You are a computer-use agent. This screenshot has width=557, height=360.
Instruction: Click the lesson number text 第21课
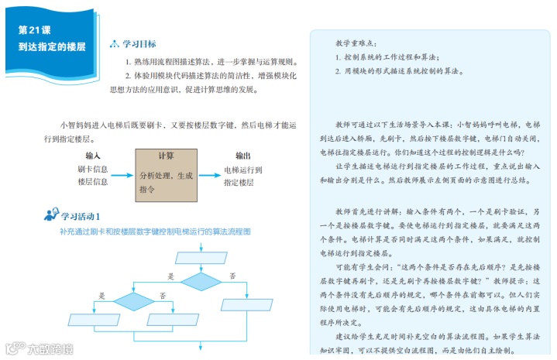click(x=34, y=29)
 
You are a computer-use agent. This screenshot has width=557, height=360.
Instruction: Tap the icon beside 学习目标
click(x=115, y=44)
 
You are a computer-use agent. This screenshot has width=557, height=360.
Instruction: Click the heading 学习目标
click(x=139, y=44)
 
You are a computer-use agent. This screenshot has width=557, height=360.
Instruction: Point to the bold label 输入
click(x=93, y=155)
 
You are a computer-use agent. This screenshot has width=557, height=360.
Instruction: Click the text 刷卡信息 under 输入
click(x=92, y=169)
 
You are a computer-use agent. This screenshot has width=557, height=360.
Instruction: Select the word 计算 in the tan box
click(x=166, y=155)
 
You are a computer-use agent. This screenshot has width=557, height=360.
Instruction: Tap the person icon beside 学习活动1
click(x=51, y=214)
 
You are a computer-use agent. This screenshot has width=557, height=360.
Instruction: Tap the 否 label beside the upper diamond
click(x=232, y=276)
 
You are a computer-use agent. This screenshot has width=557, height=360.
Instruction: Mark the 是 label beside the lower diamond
click(x=102, y=296)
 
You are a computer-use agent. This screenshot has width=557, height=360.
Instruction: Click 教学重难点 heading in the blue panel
click(x=357, y=43)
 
